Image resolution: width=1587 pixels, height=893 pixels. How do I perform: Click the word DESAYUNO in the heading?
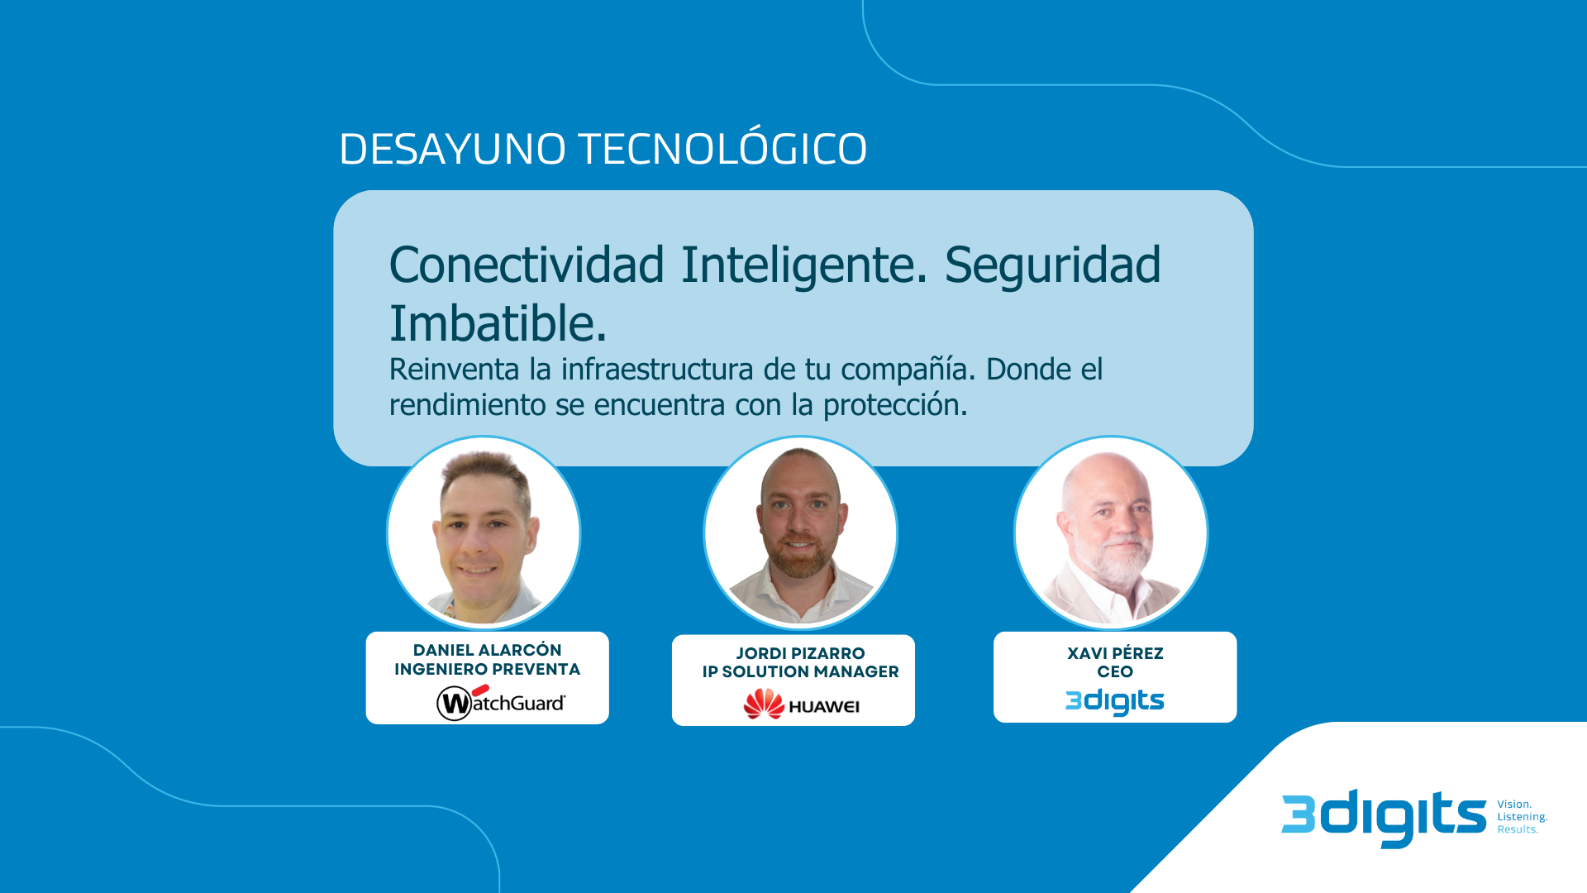tap(453, 150)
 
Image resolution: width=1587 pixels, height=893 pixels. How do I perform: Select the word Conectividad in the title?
tap(527, 265)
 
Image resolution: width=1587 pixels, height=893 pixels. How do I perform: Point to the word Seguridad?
tap(1052, 266)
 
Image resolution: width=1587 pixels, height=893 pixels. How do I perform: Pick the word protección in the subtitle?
tap(894, 405)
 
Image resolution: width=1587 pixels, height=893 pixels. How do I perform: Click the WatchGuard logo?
tap(501, 702)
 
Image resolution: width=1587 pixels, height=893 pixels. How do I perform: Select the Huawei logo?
tap(801, 704)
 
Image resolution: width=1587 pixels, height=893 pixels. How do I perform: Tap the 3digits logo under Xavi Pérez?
tap(1114, 701)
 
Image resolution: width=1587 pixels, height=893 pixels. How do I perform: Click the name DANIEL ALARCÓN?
tap(487, 650)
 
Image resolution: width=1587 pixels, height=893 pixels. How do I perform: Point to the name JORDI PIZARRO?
tap(800, 653)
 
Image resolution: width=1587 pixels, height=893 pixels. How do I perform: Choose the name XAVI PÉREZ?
tap(1115, 653)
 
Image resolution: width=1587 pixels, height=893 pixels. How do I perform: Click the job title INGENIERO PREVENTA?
tap(487, 669)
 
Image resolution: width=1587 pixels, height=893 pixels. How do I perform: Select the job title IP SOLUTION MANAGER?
tap(800, 671)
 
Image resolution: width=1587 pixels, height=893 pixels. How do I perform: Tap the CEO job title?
tap(1115, 671)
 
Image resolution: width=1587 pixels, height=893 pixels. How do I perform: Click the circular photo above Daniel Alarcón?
tap(484, 532)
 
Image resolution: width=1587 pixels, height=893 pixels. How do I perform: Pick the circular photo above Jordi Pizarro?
tap(800, 532)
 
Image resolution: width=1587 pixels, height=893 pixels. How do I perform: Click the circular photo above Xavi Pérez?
tap(1111, 532)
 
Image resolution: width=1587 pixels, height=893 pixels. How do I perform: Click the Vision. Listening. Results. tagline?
tap(1522, 817)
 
